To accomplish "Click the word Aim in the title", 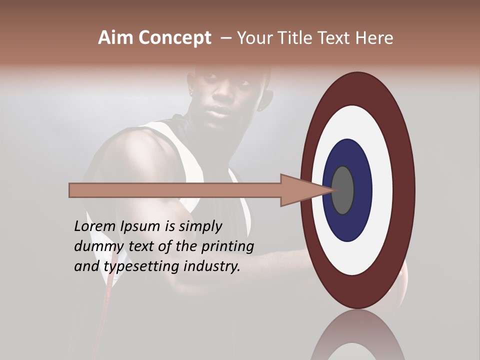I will click(x=116, y=38).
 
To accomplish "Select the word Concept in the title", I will click(x=174, y=38).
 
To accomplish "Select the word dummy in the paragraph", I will click(x=96, y=246).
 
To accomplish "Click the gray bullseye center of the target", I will click(x=342, y=190).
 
